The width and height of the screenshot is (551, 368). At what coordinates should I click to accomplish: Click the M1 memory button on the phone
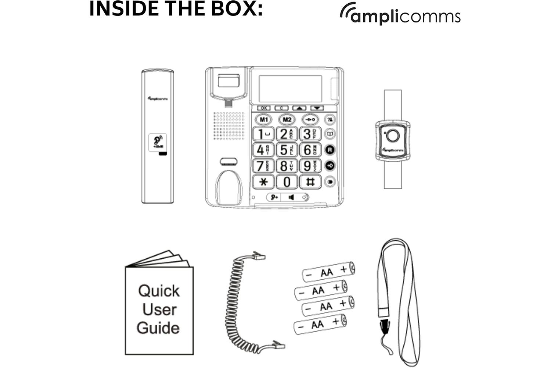[x=264, y=120]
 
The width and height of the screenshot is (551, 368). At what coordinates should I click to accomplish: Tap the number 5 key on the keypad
[x=287, y=150]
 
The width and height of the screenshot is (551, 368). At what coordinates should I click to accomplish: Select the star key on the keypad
[x=263, y=182]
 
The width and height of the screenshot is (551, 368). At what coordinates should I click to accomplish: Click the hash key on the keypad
[x=310, y=182]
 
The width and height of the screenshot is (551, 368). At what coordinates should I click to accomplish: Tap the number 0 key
[x=287, y=182]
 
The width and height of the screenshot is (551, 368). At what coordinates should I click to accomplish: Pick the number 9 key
[x=310, y=166]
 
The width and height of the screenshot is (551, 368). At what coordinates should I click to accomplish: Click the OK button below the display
[x=263, y=108]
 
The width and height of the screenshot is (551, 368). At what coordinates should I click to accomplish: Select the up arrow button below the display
[x=299, y=108]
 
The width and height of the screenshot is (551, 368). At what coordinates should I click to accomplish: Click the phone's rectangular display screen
[x=290, y=89]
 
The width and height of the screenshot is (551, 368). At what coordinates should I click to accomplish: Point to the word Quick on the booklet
[x=159, y=291]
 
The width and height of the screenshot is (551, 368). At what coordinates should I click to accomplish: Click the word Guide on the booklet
[x=158, y=328]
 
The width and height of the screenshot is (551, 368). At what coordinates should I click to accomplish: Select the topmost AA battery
[x=328, y=272]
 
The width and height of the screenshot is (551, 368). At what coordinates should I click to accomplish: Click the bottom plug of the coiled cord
[x=278, y=345]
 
